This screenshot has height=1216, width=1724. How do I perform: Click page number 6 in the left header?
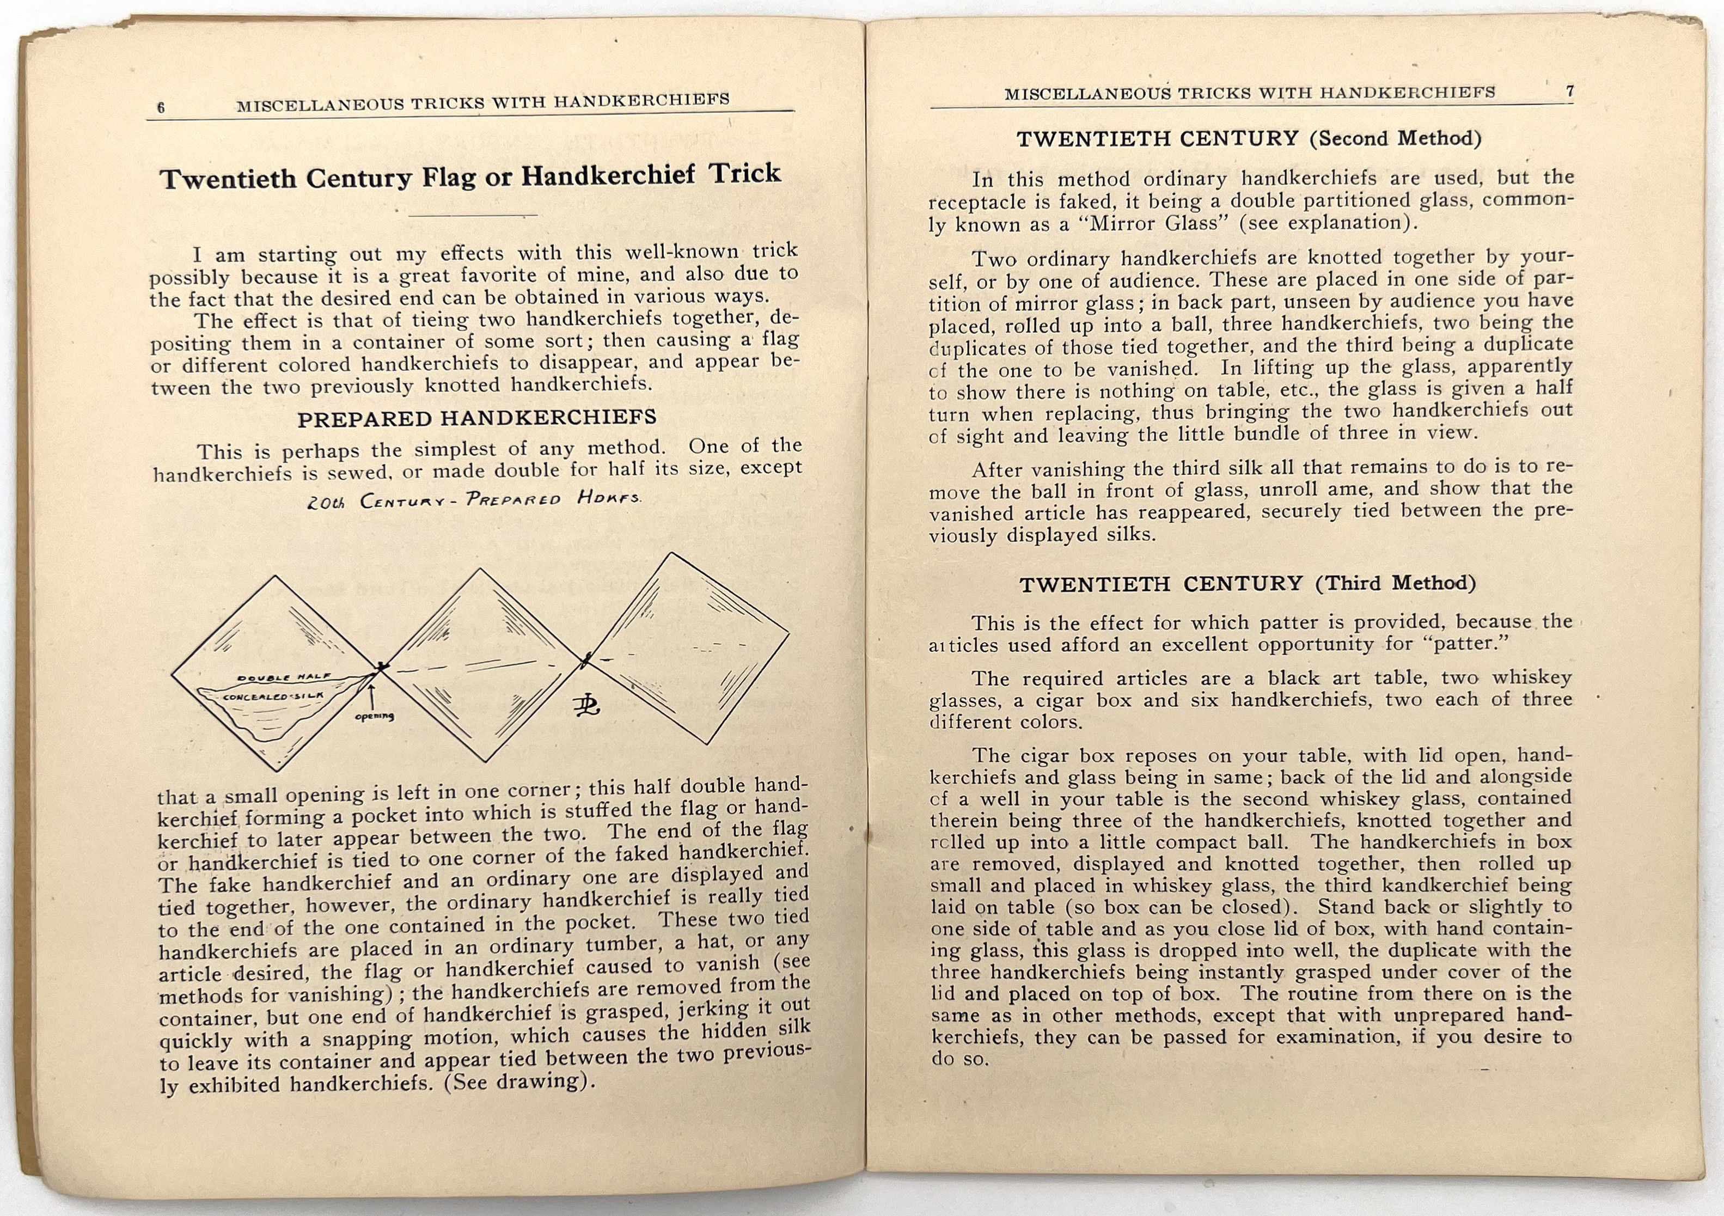pos(161,107)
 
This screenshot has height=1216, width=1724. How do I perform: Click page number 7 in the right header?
pos(1569,91)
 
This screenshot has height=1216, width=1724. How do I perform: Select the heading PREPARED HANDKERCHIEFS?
pos(477,418)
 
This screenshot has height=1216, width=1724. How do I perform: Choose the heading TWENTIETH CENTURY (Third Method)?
pos(1247,584)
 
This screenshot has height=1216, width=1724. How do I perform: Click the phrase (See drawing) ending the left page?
pos(517,1081)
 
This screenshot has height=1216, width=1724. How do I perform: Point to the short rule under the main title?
pos(473,216)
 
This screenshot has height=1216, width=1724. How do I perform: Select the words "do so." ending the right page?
pos(959,1059)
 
